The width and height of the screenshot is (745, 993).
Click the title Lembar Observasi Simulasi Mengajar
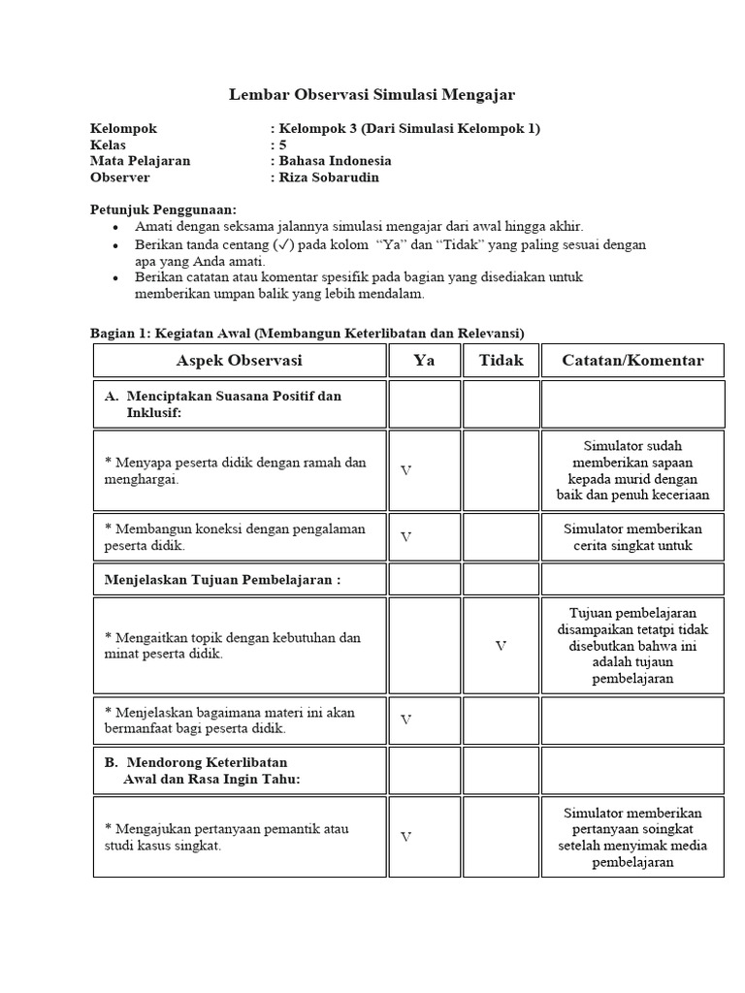[x=372, y=95]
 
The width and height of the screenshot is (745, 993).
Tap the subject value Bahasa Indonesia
[x=335, y=161]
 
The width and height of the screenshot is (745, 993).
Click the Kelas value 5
[x=283, y=144]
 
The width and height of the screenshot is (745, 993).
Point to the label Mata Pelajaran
[x=140, y=161]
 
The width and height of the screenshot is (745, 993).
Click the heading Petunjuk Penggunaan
[x=163, y=209]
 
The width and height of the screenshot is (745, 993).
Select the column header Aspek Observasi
[x=239, y=361]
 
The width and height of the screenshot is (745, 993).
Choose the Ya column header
[x=424, y=361]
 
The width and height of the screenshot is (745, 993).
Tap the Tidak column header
[x=501, y=361]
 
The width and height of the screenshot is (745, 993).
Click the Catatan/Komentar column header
[x=632, y=361]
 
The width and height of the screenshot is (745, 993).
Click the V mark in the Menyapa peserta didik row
[x=405, y=470]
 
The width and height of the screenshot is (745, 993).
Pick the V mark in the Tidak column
[x=501, y=646]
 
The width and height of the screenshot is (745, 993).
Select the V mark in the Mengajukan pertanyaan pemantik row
[x=405, y=837]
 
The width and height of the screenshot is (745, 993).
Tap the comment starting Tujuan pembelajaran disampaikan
[x=632, y=646]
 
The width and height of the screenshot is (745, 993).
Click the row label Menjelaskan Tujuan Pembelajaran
[x=222, y=580]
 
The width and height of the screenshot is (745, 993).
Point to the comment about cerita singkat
[x=632, y=537]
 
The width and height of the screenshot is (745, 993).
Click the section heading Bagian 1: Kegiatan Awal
[x=307, y=334]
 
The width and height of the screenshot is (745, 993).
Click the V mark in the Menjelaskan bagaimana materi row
[x=405, y=720]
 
